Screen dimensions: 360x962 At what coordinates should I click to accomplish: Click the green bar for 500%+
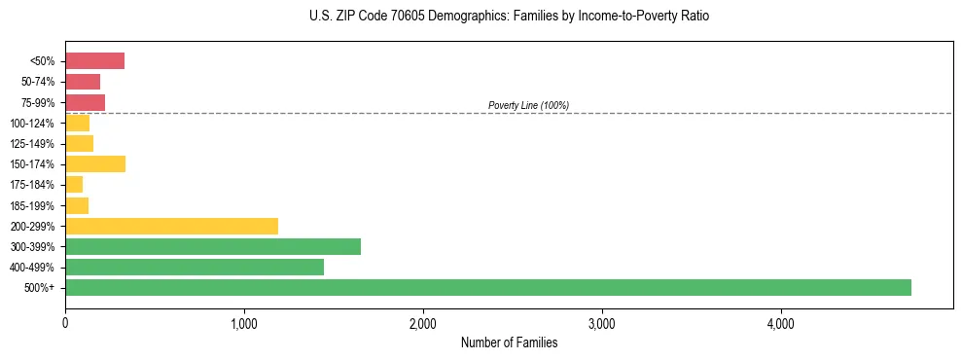click(x=487, y=287)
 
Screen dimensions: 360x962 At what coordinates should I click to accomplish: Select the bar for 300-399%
click(x=213, y=246)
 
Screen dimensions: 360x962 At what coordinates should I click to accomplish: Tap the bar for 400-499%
click(x=195, y=267)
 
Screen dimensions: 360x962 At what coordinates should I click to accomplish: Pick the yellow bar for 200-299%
click(x=171, y=226)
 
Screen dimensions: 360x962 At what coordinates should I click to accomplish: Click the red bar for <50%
click(x=94, y=61)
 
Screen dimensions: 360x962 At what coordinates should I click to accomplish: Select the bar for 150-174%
click(x=95, y=163)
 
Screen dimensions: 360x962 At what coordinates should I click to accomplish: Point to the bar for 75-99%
click(x=85, y=102)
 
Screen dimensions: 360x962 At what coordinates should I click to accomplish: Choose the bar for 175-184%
click(x=74, y=185)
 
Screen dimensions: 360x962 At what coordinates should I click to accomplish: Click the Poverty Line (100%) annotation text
click(x=528, y=105)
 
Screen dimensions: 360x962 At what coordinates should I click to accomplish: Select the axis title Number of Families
click(x=509, y=342)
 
